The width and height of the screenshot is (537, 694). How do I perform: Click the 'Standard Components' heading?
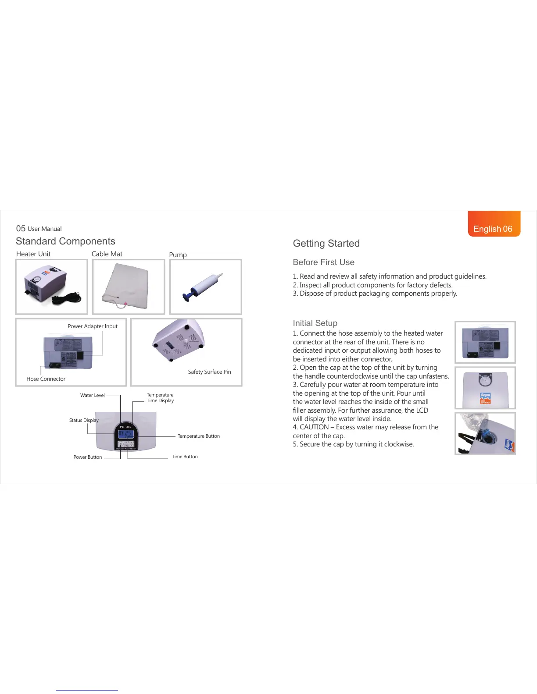pos(65,241)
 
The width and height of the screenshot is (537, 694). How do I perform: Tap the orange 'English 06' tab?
pos(494,228)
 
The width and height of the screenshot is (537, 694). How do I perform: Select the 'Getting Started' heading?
pos(326,244)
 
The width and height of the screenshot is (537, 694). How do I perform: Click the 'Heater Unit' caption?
pos(33,254)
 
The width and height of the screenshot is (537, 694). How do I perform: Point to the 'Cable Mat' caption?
pos(107,254)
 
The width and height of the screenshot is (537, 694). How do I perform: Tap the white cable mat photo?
pos(127,286)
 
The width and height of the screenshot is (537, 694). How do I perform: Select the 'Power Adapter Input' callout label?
pos(93,326)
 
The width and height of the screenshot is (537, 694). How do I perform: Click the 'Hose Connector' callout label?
pos(46,379)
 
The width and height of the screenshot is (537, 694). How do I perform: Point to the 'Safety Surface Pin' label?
pos(209,372)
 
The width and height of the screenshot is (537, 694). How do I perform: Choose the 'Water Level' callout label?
pos(92,395)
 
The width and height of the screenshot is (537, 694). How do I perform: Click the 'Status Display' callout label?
pos(84,420)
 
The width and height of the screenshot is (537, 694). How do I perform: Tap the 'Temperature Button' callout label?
pos(199,436)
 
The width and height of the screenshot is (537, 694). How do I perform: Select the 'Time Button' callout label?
pos(185,457)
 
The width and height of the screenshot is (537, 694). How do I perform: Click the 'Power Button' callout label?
pos(88,457)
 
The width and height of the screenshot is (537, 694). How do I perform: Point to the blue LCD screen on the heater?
pos(126,434)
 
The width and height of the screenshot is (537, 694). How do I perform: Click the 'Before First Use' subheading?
pos(323,262)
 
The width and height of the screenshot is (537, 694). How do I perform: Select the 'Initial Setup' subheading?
pos(315,323)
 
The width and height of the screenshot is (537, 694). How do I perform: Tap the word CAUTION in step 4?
pos(314,427)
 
